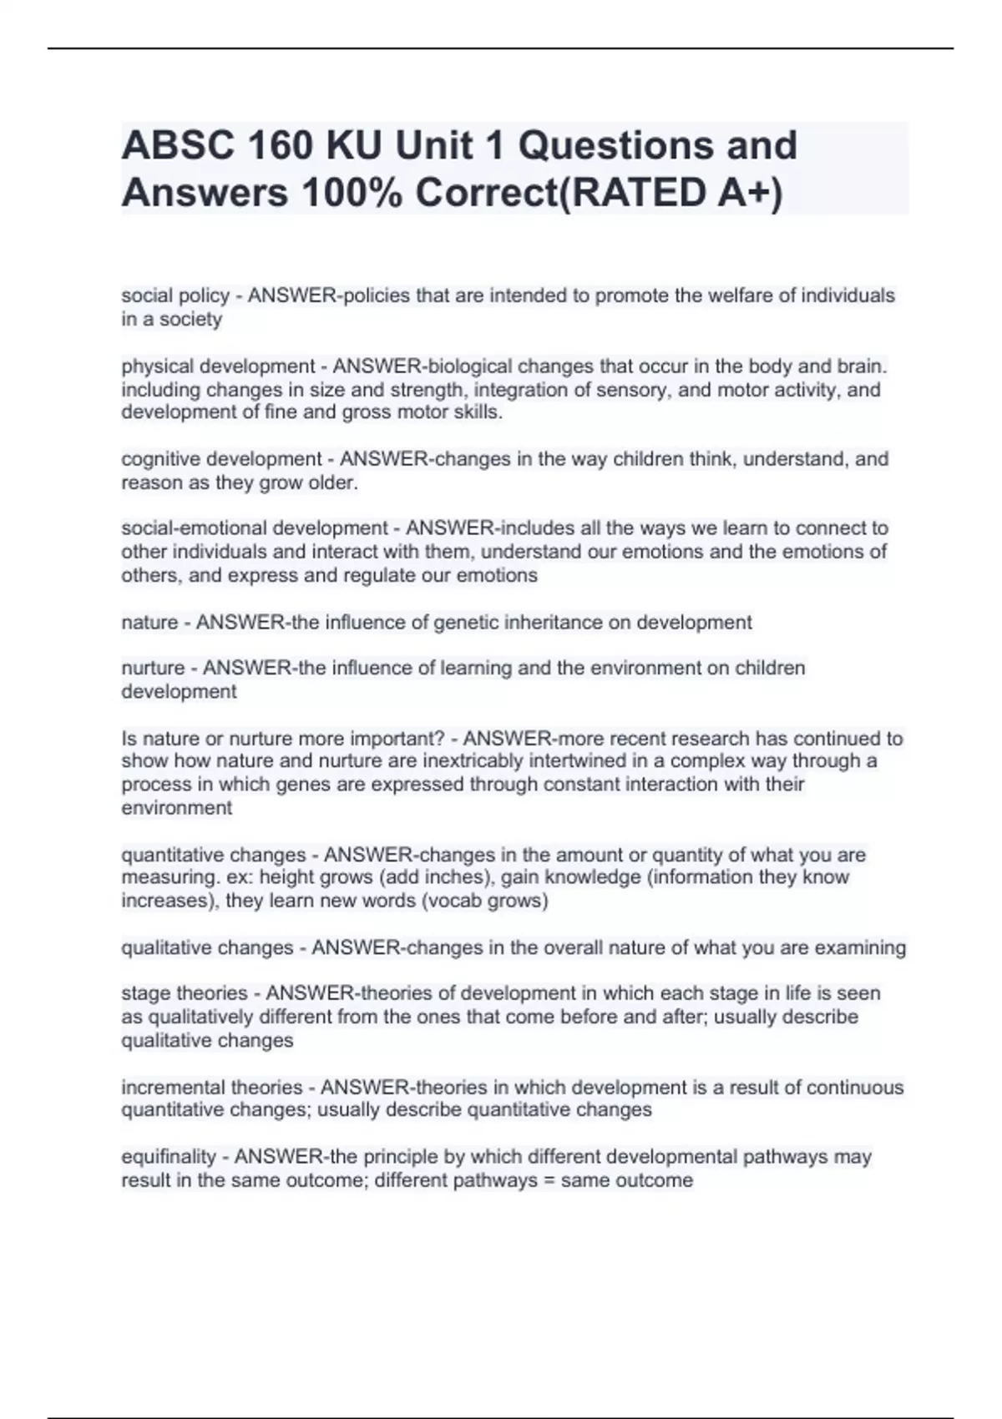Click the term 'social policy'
pyautogui.click(x=175, y=295)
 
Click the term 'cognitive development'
pyautogui.click(x=221, y=459)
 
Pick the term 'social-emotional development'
pyautogui.click(x=255, y=528)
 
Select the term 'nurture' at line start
pyautogui.click(x=153, y=668)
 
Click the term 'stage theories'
pyautogui.click(x=185, y=993)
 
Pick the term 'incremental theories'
pyautogui.click(x=212, y=1088)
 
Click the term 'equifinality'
pyautogui.click(x=169, y=1157)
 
